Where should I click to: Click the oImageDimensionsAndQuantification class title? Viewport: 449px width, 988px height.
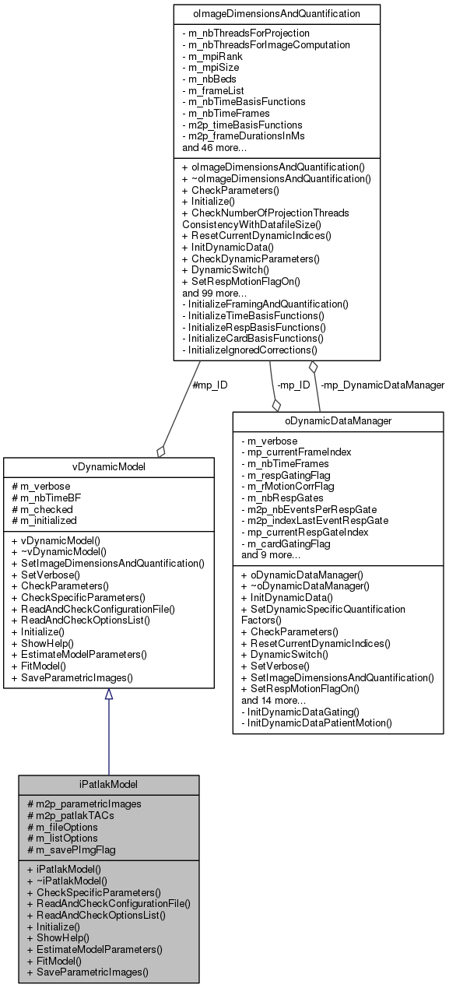tap(276, 13)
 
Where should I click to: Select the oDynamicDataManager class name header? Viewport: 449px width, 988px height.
tap(338, 421)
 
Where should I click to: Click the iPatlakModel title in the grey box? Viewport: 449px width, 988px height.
tap(108, 784)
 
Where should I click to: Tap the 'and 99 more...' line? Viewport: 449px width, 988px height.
tap(216, 293)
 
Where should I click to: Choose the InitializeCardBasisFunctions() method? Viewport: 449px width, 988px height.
tap(252, 339)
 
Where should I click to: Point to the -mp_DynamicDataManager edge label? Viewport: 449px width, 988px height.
tap(383, 385)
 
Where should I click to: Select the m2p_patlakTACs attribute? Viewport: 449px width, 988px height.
tap(73, 815)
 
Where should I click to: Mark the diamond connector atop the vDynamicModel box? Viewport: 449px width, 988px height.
tap(161, 451)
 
